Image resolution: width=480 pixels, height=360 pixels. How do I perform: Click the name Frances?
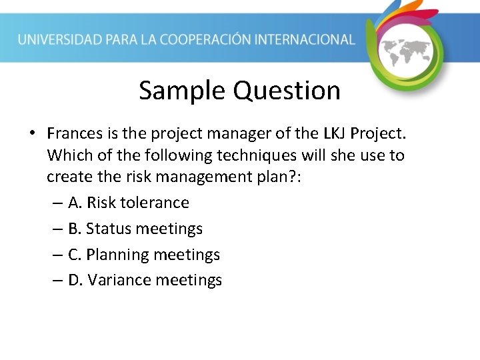click(x=75, y=133)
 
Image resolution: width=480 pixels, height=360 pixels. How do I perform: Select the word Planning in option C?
click(x=118, y=255)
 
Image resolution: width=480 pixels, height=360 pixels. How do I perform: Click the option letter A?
click(x=74, y=203)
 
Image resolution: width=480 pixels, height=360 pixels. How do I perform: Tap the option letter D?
click(x=75, y=280)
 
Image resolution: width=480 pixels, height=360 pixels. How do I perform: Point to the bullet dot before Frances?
click(x=32, y=134)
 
